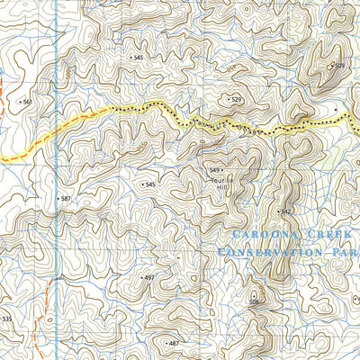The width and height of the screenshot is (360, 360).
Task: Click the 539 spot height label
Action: point(338,66)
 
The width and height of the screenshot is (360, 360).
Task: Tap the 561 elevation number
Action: point(27,102)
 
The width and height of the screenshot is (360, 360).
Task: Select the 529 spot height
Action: point(236,100)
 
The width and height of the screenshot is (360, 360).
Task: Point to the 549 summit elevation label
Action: point(215,170)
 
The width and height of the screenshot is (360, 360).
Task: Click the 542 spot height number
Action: point(286,211)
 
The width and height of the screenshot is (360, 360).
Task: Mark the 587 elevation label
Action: point(65,198)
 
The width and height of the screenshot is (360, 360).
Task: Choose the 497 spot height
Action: point(149,278)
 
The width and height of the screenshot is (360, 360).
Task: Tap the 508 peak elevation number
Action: point(255,301)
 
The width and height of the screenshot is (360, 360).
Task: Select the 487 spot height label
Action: point(173,343)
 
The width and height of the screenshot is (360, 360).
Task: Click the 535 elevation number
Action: point(7,319)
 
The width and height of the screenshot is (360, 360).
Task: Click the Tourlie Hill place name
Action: point(221,184)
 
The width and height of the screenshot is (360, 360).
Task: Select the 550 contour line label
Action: point(255,132)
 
